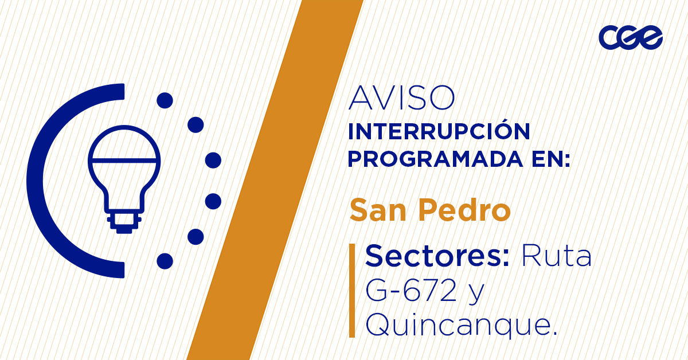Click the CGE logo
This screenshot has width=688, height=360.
click(631, 38)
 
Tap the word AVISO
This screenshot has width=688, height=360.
click(401, 99)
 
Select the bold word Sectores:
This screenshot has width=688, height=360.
click(437, 256)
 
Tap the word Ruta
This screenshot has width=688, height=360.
click(556, 256)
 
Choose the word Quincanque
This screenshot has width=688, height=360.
click(462, 327)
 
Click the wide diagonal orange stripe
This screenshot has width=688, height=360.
click(275, 180)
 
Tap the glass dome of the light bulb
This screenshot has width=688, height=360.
click(124, 146)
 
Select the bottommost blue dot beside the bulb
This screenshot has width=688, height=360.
click(165, 261)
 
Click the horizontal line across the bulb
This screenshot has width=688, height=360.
click(124, 159)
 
